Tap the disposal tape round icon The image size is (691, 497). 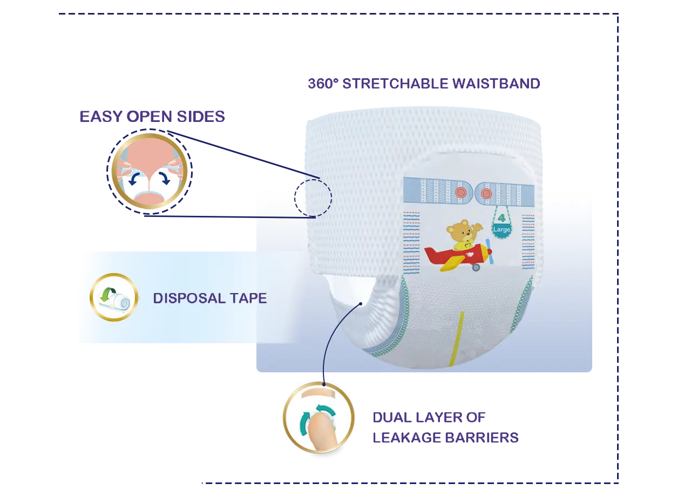(x=114, y=297)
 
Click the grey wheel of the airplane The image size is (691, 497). (x=476, y=267)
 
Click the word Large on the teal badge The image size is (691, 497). (x=501, y=229)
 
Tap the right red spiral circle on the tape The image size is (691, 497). (x=485, y=193)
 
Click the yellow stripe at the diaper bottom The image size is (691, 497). (x=457, y=339)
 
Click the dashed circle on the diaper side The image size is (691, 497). (x=313, y=198)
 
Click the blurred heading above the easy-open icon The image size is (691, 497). (x=151, y=117)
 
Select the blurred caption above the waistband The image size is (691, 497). (x=423, y=84)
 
